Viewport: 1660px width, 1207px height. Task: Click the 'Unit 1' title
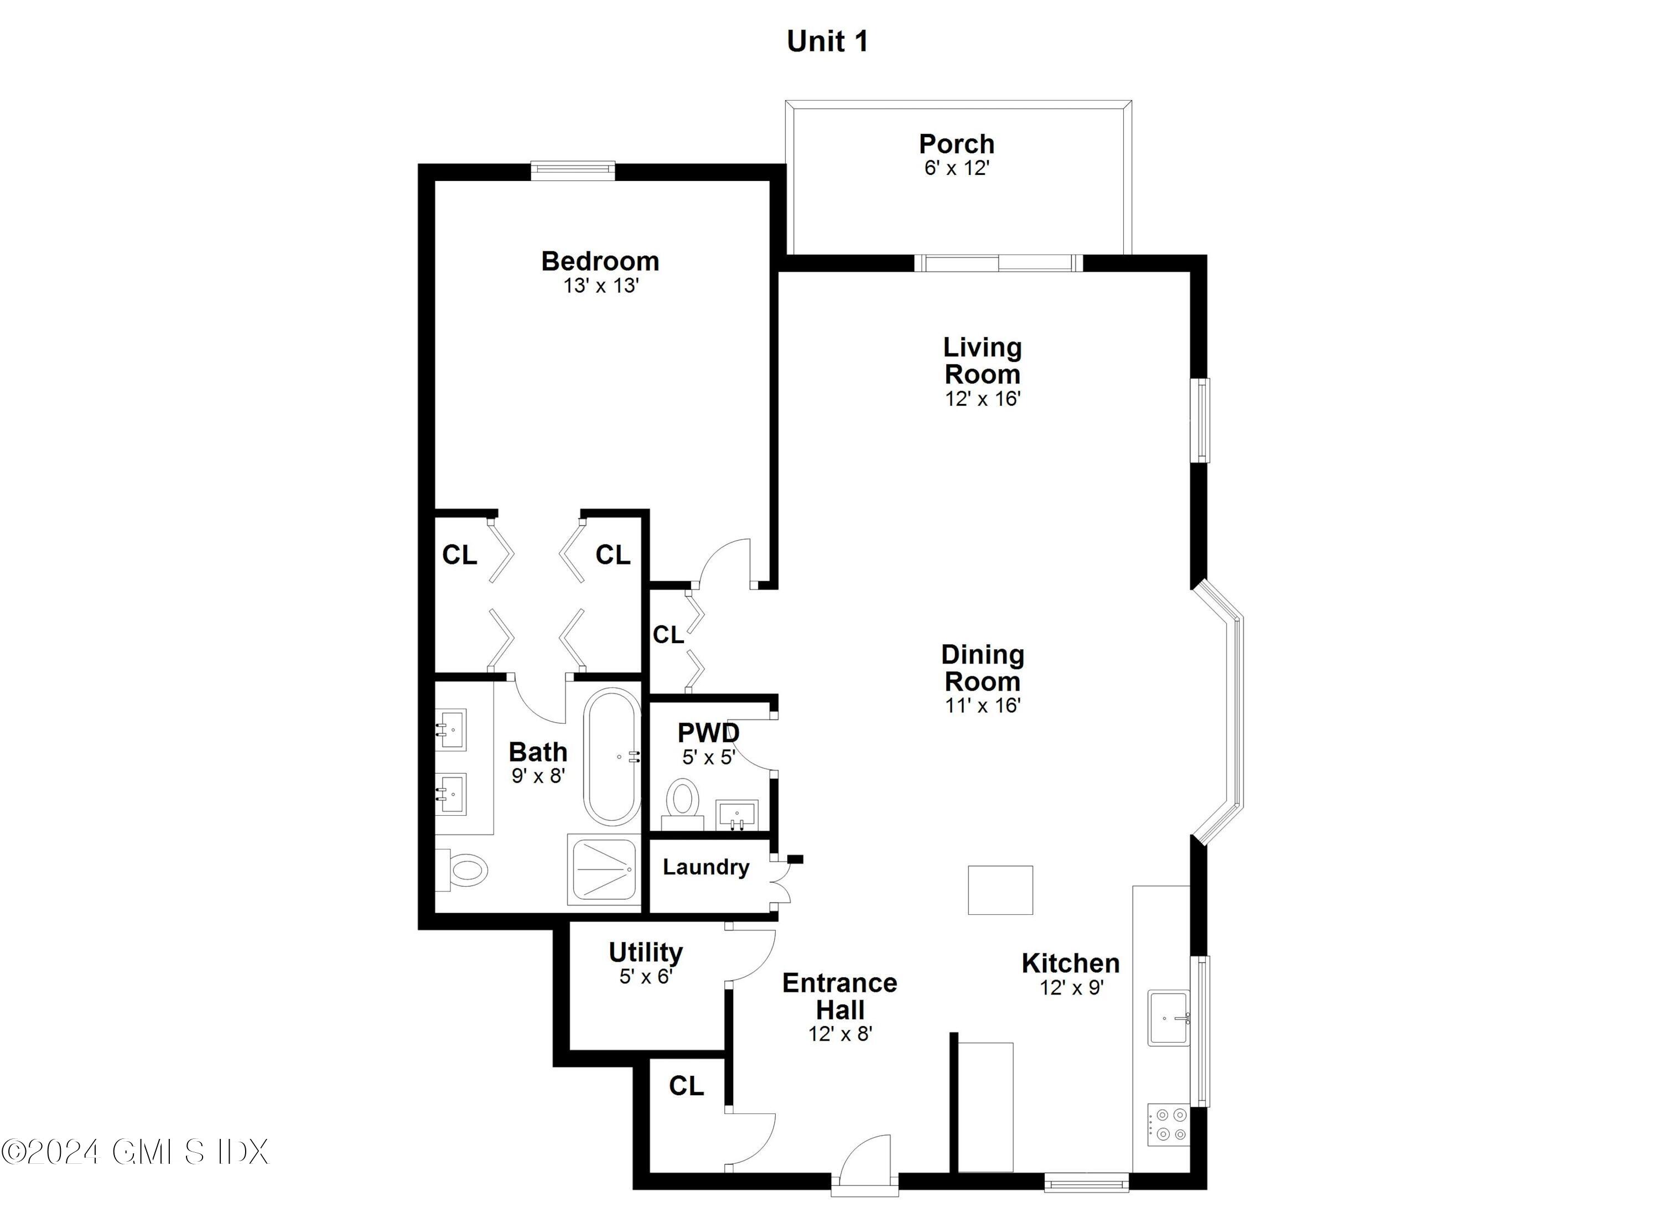point(827,42)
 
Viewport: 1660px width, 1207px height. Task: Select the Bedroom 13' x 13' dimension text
point(600,286)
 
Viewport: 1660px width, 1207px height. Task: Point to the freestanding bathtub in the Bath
point(612,756)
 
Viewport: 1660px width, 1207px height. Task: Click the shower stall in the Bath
point(604,869)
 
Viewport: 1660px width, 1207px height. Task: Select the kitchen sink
point(1168,1017)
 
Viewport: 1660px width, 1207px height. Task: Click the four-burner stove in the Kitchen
point(1168,1125)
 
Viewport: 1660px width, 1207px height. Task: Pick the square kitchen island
point(1000,890)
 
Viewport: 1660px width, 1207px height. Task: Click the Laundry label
point(705,867)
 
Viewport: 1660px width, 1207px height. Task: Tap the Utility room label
point(646,952)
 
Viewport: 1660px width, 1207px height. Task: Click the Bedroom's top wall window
point(572,170)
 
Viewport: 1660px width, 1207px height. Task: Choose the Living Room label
point(982,360)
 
